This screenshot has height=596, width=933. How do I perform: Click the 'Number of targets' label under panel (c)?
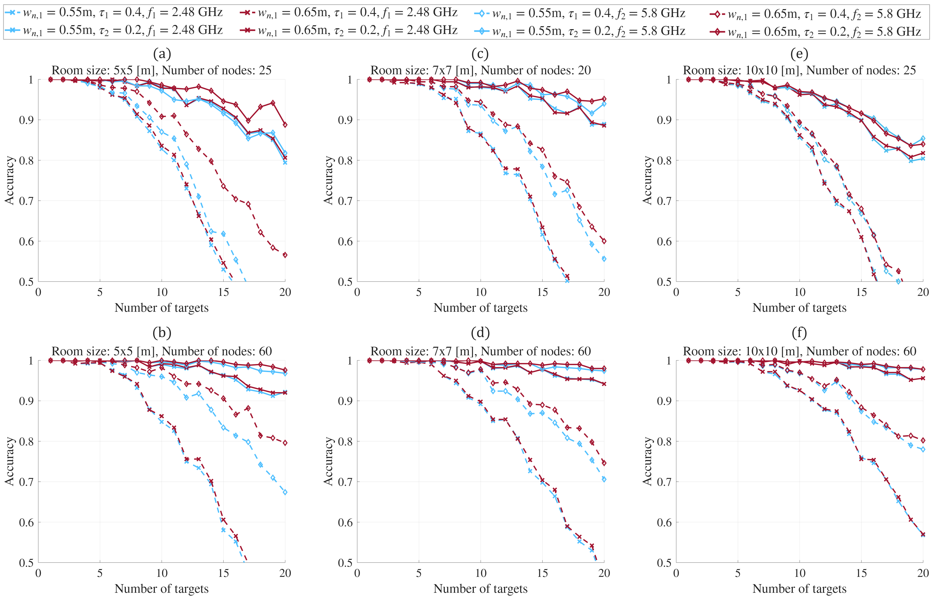[480, 308]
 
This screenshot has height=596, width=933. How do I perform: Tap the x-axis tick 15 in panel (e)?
[861, 292]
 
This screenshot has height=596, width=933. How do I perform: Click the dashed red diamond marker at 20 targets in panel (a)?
[285, 255]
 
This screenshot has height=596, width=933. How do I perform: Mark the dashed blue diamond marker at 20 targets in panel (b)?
[285, 492]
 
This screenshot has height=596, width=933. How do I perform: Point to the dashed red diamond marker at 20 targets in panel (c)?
[604, 241]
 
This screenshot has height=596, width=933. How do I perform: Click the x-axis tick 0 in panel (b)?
[38, 573]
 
